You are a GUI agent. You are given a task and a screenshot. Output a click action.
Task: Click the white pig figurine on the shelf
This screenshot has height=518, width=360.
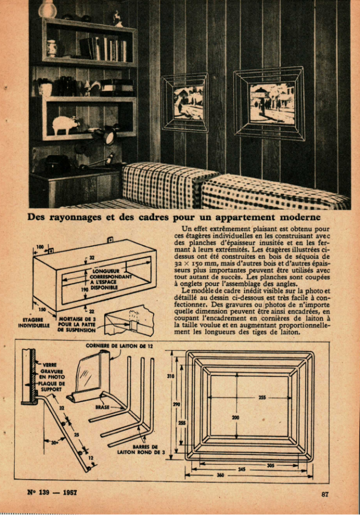pos(66,124)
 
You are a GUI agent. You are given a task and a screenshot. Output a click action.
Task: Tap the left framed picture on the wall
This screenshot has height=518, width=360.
pos(185,103)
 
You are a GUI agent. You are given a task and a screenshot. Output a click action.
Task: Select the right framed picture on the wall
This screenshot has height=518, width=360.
pos(268,103)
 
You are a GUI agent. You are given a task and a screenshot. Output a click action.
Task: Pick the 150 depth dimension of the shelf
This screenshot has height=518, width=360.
pos(42,309)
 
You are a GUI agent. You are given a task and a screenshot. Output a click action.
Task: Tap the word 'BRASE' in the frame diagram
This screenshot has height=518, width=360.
pos(103,407)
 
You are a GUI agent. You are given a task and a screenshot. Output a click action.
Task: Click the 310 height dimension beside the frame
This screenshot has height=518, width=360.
pos(171,376)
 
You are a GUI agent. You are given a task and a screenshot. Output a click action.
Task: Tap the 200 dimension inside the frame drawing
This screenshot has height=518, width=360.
pos(235,417)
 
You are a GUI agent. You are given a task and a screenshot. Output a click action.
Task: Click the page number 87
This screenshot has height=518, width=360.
pos(325,494)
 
